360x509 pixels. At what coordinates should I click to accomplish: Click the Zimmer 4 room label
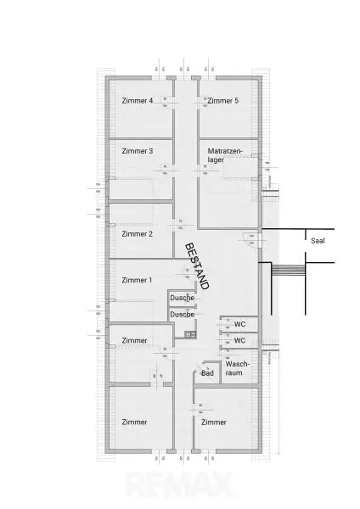point(138,101)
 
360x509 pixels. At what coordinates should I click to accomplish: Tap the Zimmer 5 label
point(222,101)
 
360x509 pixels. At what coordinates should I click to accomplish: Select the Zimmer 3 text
point(138,151)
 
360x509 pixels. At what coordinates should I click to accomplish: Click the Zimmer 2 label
point(137,233)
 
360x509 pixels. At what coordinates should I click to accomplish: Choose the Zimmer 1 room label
point(137,280)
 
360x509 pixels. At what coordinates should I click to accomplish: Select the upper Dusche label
point(182,299)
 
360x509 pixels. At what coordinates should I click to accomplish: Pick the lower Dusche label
point(182,314)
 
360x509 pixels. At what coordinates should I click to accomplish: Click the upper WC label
point(239,324)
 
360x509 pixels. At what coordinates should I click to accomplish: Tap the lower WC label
point(239,340)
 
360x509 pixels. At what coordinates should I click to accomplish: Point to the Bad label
point(207,372)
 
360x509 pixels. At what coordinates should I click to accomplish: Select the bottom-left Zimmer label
point(133,422)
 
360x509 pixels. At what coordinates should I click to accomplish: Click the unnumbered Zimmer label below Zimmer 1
point(133,340)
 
